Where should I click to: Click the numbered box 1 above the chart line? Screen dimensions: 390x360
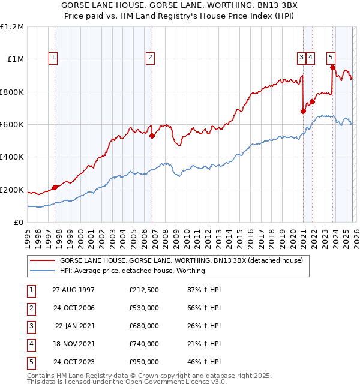tap(53, 58)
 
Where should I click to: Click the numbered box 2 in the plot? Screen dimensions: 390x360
tap(149, 58)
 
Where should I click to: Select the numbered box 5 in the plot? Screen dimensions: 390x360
tap(331, 58)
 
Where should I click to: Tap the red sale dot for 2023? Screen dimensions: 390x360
tap(332, 67)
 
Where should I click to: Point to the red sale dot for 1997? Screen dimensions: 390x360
tap(55, 187)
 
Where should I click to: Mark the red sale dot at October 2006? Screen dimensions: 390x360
tap(152, 136)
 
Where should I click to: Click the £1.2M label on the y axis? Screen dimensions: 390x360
tap(12, 26)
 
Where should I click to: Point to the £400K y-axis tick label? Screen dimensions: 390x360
tap(12, 157)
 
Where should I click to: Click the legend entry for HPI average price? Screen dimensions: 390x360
tap(132, 271)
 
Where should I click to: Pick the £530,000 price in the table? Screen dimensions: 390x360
tap(143, 308)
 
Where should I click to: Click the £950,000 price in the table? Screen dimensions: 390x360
tap(143, 362)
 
